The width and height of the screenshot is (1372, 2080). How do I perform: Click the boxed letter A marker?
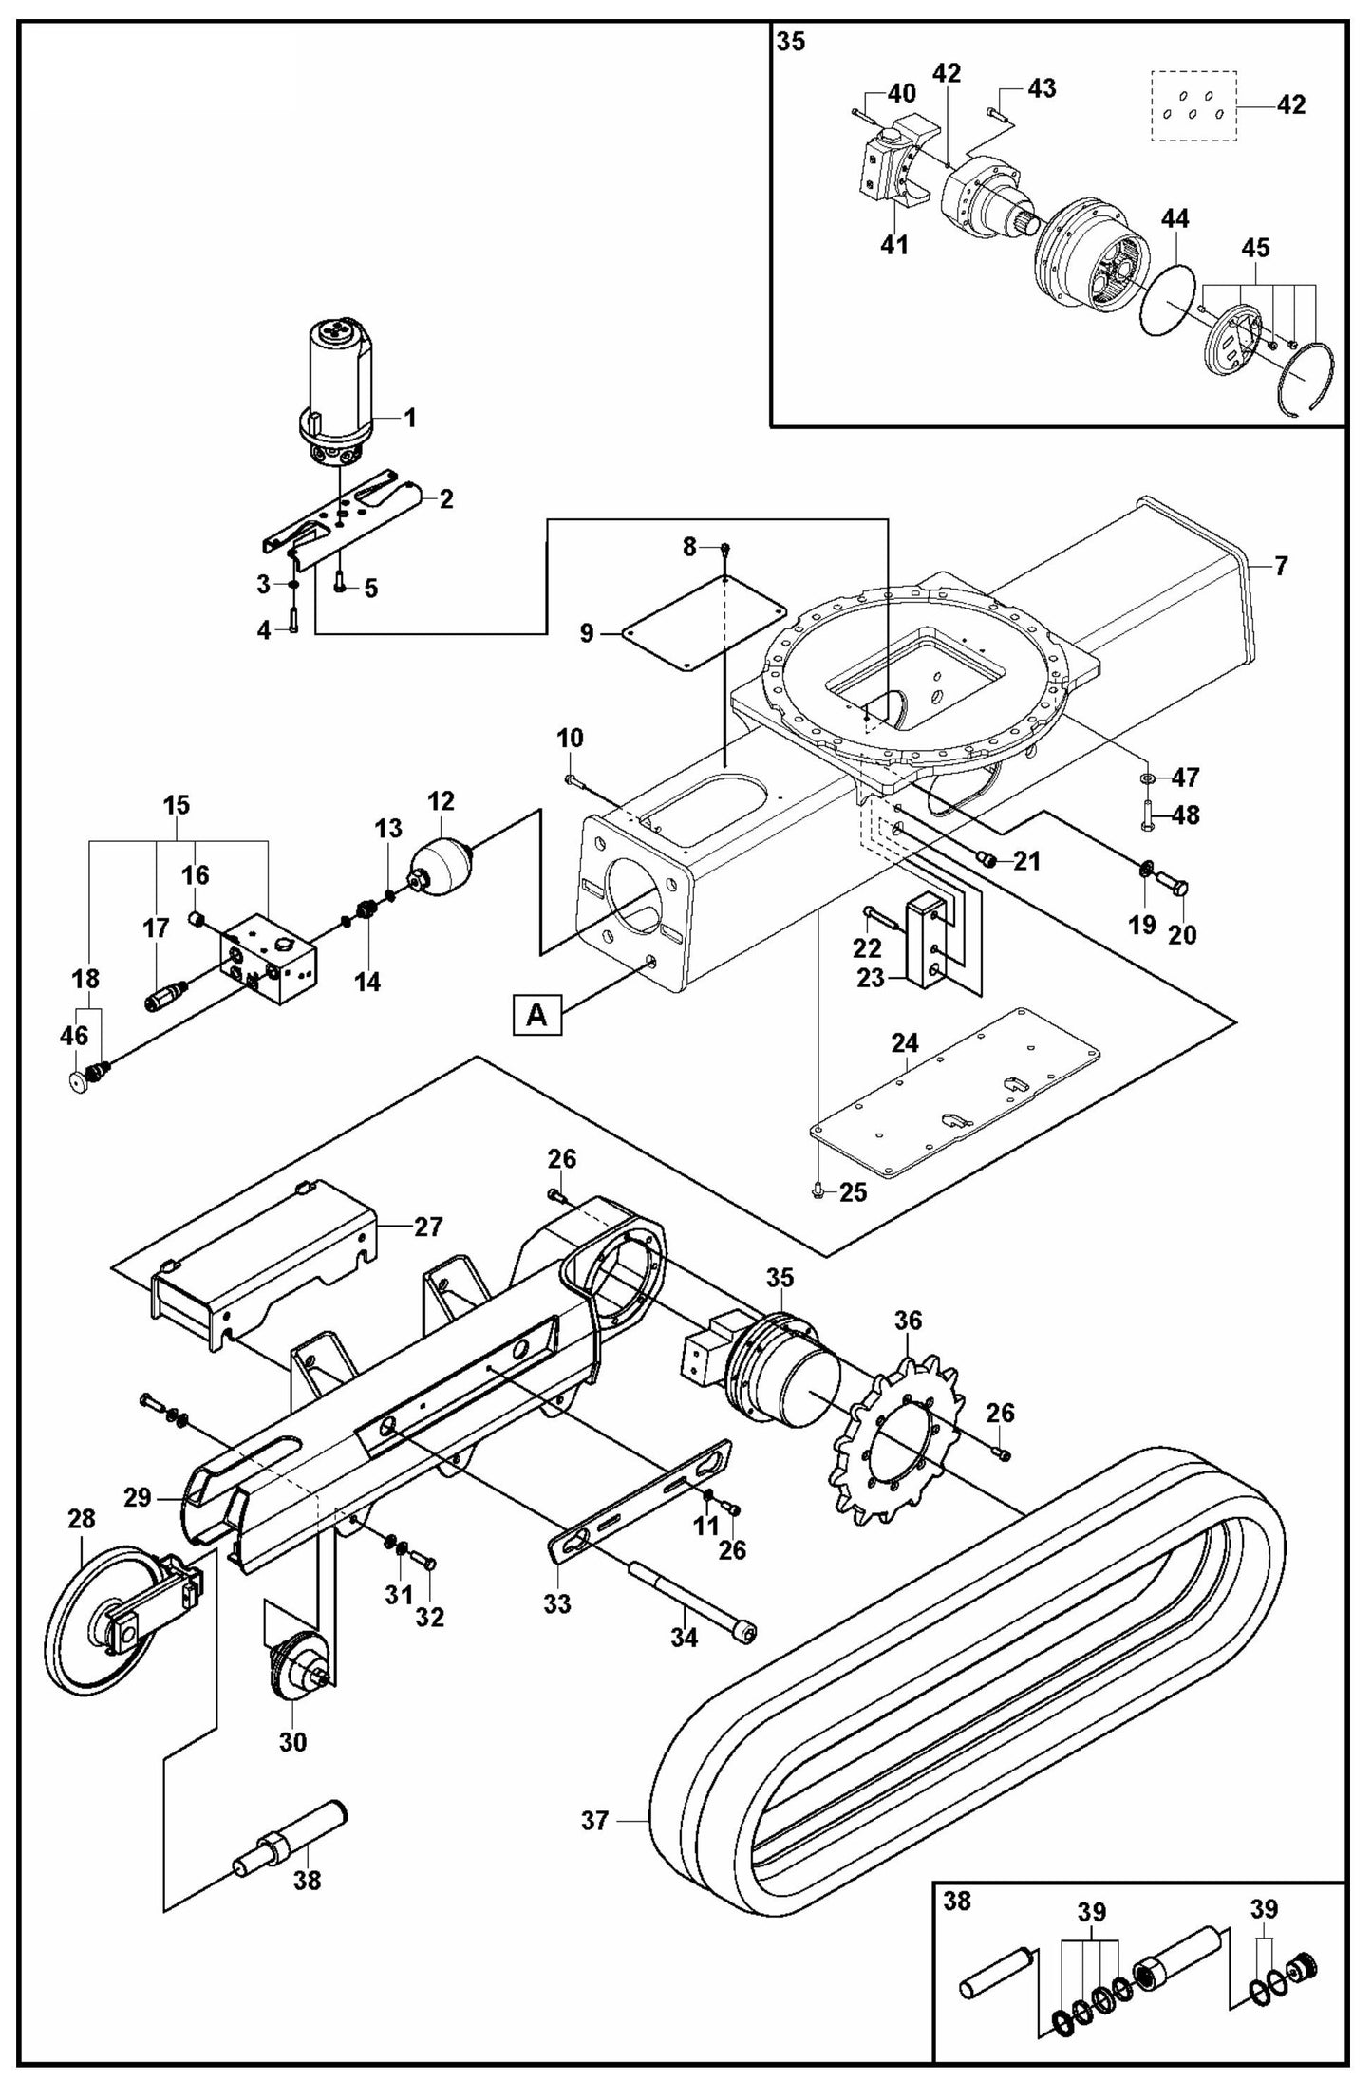[536, 1016]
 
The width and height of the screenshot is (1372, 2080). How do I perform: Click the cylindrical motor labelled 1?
[338, 384]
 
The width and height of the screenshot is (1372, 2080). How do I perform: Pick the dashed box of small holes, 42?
[1193, 105]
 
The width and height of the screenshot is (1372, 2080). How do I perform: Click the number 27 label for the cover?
[428, 1227]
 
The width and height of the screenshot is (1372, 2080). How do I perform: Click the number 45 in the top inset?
[1255, 249]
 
